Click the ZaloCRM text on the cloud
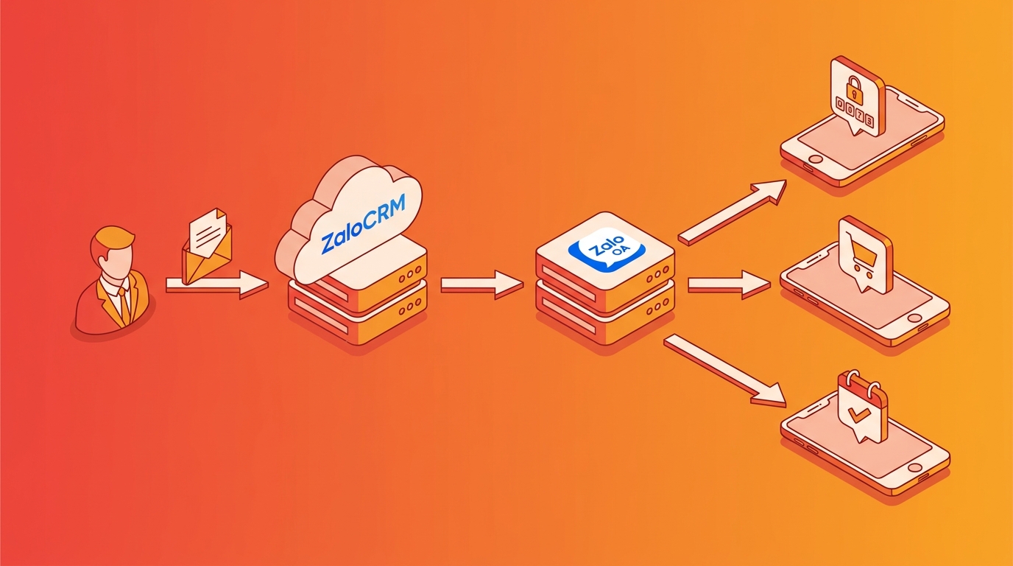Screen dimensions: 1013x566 click(x=363, y=223)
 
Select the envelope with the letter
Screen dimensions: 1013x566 click(x=207, y=246)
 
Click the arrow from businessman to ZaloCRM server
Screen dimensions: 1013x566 click(x=217, y=285)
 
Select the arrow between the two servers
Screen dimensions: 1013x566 click(x=482, y=284)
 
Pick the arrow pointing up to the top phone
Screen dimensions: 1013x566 click(x=733, y=212)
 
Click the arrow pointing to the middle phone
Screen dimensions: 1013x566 click(x=729, y=284)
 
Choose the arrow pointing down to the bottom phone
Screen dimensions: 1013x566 click(x=725, y=371)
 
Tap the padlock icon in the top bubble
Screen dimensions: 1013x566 click(x=853, y=87)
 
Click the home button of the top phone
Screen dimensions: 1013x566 click(x=816, y=159)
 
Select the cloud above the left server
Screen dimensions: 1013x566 click(x=349, y=220)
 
